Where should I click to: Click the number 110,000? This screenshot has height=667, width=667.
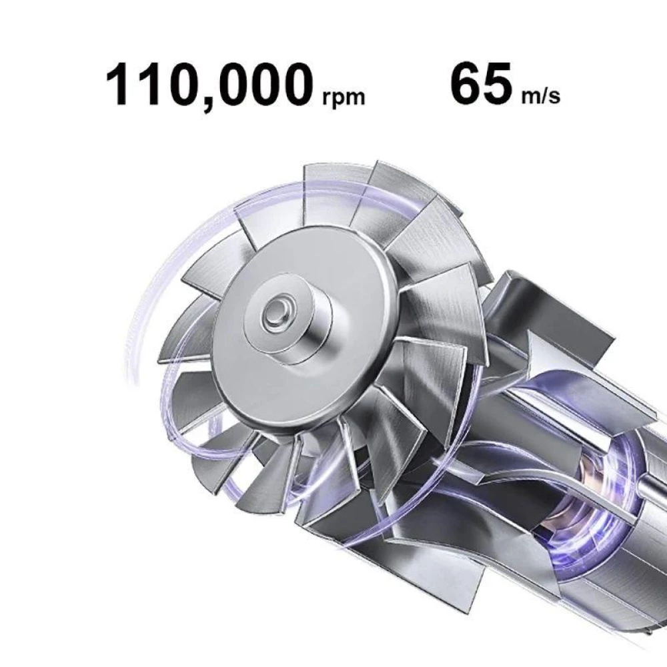(x=209, y=85)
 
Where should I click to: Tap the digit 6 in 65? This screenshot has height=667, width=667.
(x=466, y=85)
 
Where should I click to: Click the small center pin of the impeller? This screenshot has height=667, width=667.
(x=276, y=310)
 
